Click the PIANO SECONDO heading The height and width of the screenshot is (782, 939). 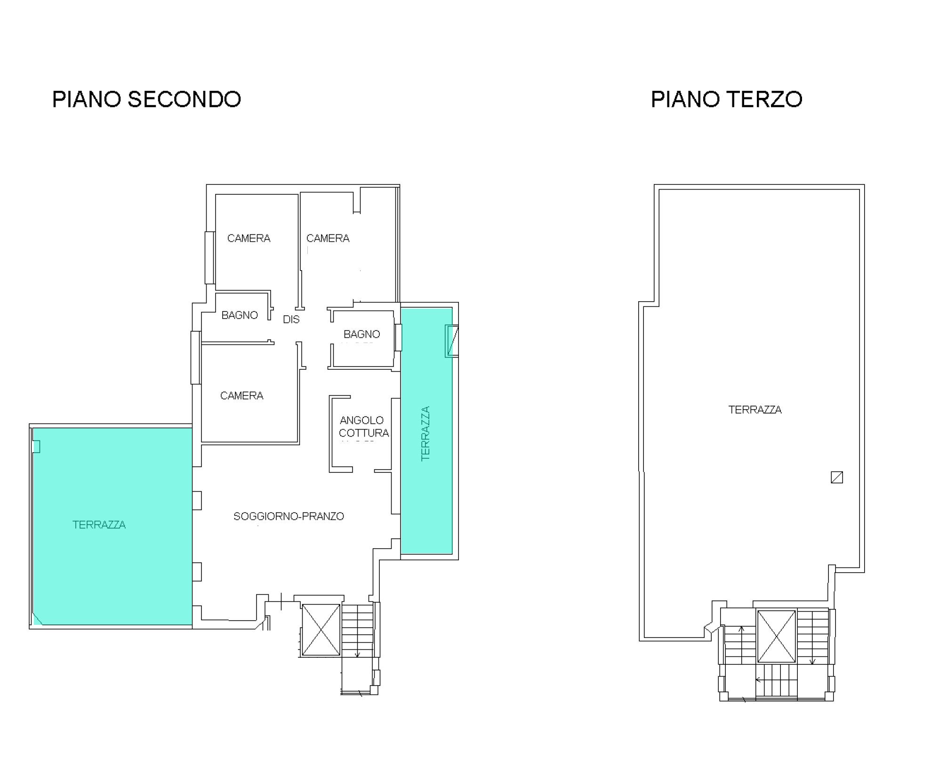click(x=146, y=99)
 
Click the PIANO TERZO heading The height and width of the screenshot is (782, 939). click(x=726, y=99)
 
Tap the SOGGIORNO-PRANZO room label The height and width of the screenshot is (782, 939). click(x=289, y=516)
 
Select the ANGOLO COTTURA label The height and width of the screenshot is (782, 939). click(x=363, y=426)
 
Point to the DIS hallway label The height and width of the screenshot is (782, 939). click(x=291, y=319)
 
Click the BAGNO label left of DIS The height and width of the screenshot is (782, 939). click(x=240, y=315)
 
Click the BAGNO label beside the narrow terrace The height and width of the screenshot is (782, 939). click(x=361, y=334)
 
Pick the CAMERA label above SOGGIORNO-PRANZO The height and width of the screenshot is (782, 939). click(x=241, y=396)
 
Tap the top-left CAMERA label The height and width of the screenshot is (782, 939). click(x=249, y=238)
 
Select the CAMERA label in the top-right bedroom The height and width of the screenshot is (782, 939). click(x=328, y=238)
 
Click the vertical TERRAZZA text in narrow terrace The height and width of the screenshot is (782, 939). click(x=425, y=433)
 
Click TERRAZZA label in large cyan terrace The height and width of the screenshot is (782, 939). click(x=99, y=525)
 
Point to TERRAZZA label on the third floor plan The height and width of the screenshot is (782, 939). click(x=754, y=409)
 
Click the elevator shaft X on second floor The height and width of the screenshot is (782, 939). click(x=321, y=630)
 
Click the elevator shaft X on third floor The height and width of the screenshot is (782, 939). click(x=776, y=636)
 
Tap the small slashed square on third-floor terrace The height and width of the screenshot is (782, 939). click(x=836, y=477)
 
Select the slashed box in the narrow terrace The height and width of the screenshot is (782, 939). click(x=452, y=341)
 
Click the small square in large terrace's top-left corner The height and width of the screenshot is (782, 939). click(x=36, y=446)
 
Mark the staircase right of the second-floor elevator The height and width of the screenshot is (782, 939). click(x=357, y=630)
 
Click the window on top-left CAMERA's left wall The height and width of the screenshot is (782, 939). click(x=209, y=257)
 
